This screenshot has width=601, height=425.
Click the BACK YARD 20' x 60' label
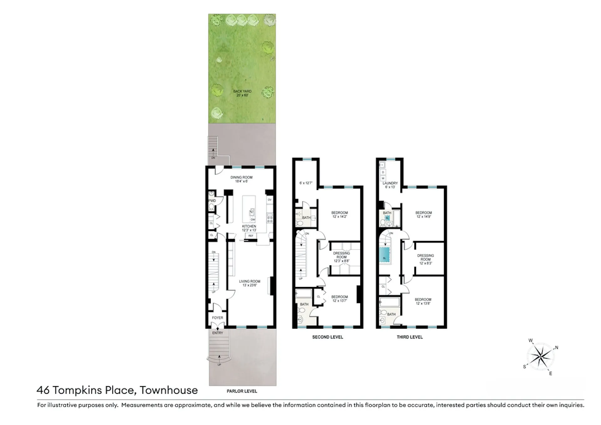click(242, 93)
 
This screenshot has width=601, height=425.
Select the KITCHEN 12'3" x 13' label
click(249, 228)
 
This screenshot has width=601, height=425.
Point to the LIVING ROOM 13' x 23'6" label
click(249, 283)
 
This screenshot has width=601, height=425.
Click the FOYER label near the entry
click(218, 318)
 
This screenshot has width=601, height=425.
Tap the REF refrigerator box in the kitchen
click(251, 236)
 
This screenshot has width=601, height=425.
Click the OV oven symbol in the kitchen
click(270, 200)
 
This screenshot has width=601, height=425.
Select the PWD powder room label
click(212, 201)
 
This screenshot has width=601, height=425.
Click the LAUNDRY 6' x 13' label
click(390, 185)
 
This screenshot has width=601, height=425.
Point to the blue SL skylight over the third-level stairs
click(384, 255)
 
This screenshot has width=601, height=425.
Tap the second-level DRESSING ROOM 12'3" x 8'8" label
click(342, 257)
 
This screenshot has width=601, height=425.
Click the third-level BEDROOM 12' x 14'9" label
click(424, 214)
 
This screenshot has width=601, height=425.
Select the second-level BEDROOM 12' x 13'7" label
click(340, 299)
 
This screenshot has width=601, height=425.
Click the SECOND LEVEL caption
click(327, 337)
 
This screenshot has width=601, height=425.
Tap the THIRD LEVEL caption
click(409, 337)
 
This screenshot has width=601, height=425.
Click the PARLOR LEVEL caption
click(242, 391)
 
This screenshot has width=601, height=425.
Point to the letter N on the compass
click(557, 347)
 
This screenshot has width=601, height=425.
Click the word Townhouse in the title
click(169, 390)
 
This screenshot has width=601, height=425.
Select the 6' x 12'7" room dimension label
click(306, 183)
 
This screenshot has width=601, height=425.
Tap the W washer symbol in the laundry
click(383, 178)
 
